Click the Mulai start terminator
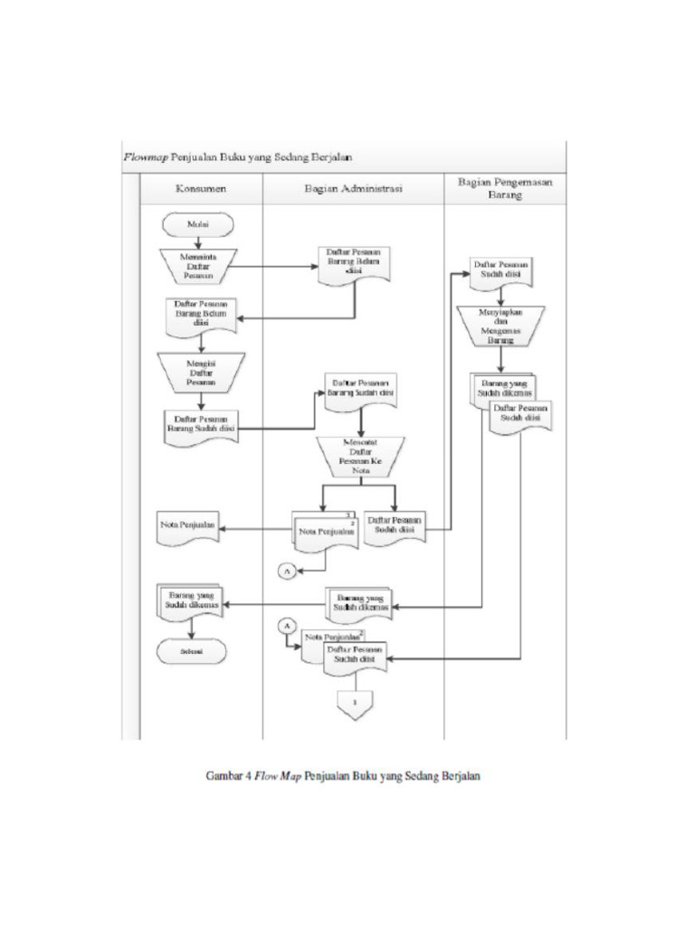[x=198, y=223]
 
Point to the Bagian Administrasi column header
[x=352, y=189]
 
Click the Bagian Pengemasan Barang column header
[x=504, y=188]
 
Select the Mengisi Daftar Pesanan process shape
[x=201, y=372]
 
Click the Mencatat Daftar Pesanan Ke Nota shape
[x=360, y=458]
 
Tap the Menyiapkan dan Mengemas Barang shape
[x=500, y=326]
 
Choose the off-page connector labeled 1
[x=355, y=704]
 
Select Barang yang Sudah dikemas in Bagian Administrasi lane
[x=360, y=603]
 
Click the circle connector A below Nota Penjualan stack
[x=286, y=570]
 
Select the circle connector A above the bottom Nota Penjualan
[x=287, y=626]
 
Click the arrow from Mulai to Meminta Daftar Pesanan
[x=198, y=242]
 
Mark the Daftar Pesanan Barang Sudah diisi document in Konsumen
[x=202, y=425]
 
